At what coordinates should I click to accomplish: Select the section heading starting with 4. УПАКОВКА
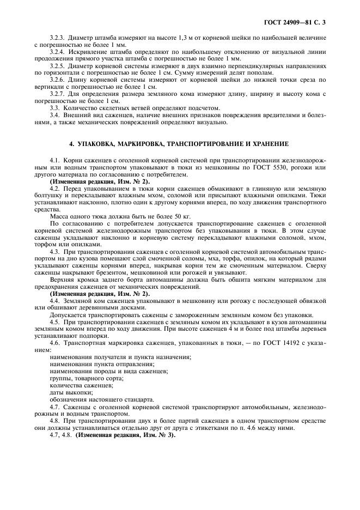coord(180,144)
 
